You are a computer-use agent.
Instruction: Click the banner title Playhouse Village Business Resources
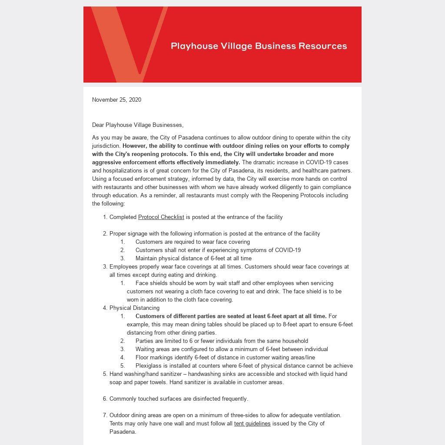tap(259, 46)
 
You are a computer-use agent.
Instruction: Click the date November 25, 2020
tap(116, 100)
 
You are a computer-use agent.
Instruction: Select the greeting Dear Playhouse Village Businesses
tap(138, 125)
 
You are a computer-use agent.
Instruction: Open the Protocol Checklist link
tap(161, 217)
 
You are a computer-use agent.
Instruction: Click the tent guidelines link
tap(252, 424)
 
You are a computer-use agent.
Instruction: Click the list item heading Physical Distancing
tap(134, 308)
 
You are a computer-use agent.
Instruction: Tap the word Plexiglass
tap(149, 366)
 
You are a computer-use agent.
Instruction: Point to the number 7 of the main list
tap(105, 415)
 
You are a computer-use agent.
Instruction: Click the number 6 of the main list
tap(105, 399)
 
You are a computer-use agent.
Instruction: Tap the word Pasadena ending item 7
tap(122, 432)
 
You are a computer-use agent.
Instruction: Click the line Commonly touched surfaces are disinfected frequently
tap(179, 399)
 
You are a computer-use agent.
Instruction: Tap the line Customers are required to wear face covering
tap(193, 242)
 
